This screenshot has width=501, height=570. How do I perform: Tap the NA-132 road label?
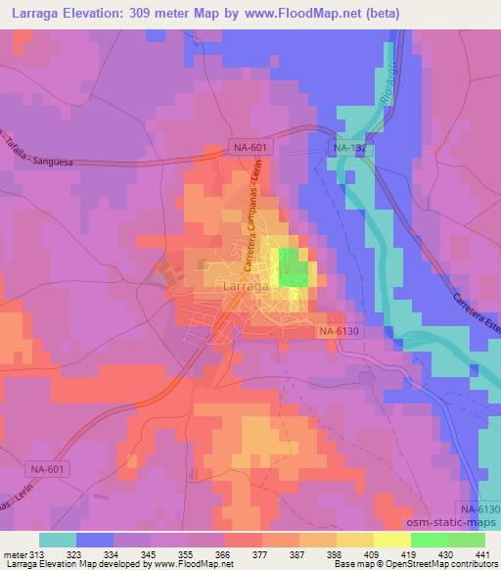click(x=350, y=149)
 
